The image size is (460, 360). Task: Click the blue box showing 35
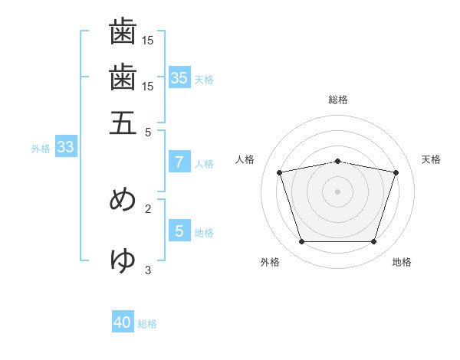tap(179, 77)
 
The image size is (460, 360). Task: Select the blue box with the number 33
tap(65, 148)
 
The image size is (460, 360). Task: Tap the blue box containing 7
tap(179, 162)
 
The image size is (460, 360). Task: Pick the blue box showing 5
tap(179, 231)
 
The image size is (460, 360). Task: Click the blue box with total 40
tap(123, 322)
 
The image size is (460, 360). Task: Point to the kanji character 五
tap(123, 123)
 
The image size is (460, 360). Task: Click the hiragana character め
tap(123, 199)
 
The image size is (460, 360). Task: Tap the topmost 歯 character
tap(123, 32)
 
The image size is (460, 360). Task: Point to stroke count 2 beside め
tap(148, 208)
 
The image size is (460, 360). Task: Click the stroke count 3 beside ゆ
tap(148, 270)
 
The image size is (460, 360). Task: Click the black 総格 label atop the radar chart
tap(338, 100)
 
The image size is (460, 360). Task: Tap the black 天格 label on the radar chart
tap(431, 159)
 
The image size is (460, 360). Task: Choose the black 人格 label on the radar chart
tap(245, 159)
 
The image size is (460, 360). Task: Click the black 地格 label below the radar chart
tap(402, 263)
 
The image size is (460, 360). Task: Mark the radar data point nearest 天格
tap(396, 172)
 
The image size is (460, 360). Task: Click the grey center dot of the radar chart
tap(338, 191)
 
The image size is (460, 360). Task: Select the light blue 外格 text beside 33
tap(40, 149)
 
